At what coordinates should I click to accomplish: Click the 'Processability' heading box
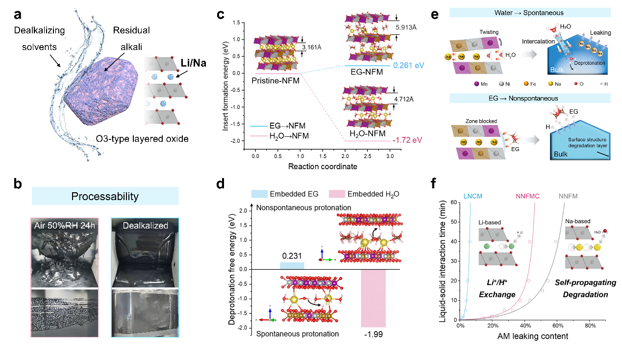click(105, 197)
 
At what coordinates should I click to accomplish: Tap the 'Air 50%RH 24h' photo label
click(65, 226)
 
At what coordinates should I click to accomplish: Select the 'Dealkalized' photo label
click(145, 226)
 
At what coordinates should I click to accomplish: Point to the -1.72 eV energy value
click(407, 140)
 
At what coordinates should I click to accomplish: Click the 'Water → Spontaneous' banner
click(529, 13)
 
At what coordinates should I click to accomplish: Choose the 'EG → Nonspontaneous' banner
click(529, 98)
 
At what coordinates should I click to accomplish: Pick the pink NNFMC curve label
click(528, 197)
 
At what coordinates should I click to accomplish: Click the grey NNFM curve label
click(568, 197)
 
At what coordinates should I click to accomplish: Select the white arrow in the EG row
click(531, 140)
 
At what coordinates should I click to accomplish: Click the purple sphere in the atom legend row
click(476, 83)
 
